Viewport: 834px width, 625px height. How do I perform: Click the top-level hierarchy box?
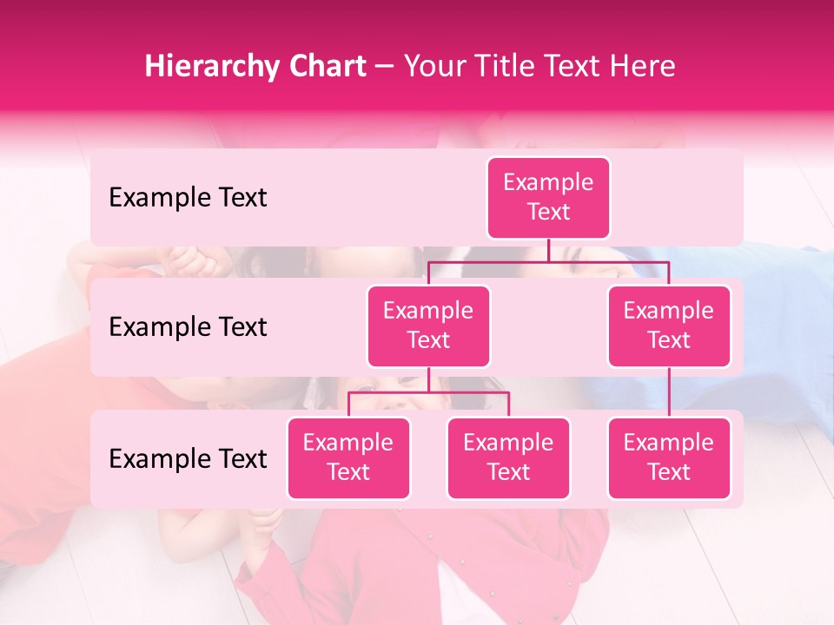[548, 198]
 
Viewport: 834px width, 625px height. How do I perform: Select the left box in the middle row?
[428, 326]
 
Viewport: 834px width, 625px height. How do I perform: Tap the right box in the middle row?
[669, 326]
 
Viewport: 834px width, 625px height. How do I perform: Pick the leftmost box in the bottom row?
[348, 458]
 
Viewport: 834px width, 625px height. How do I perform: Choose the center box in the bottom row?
[508, 458]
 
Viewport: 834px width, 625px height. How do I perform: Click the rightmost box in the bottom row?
[669, 458]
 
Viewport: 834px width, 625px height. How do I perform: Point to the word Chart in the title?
[324, 67]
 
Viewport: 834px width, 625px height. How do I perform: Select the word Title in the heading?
[506, 67]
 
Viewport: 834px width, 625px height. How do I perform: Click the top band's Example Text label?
[188, 198]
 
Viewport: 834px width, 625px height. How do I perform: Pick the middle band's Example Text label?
[188, 327]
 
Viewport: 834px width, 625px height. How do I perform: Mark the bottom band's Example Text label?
[188, 458]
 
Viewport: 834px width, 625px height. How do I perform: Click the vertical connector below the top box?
[548, 250]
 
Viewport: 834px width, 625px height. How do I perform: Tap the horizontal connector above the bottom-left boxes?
[428, 392]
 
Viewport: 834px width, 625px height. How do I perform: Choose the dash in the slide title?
[385, 67]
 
